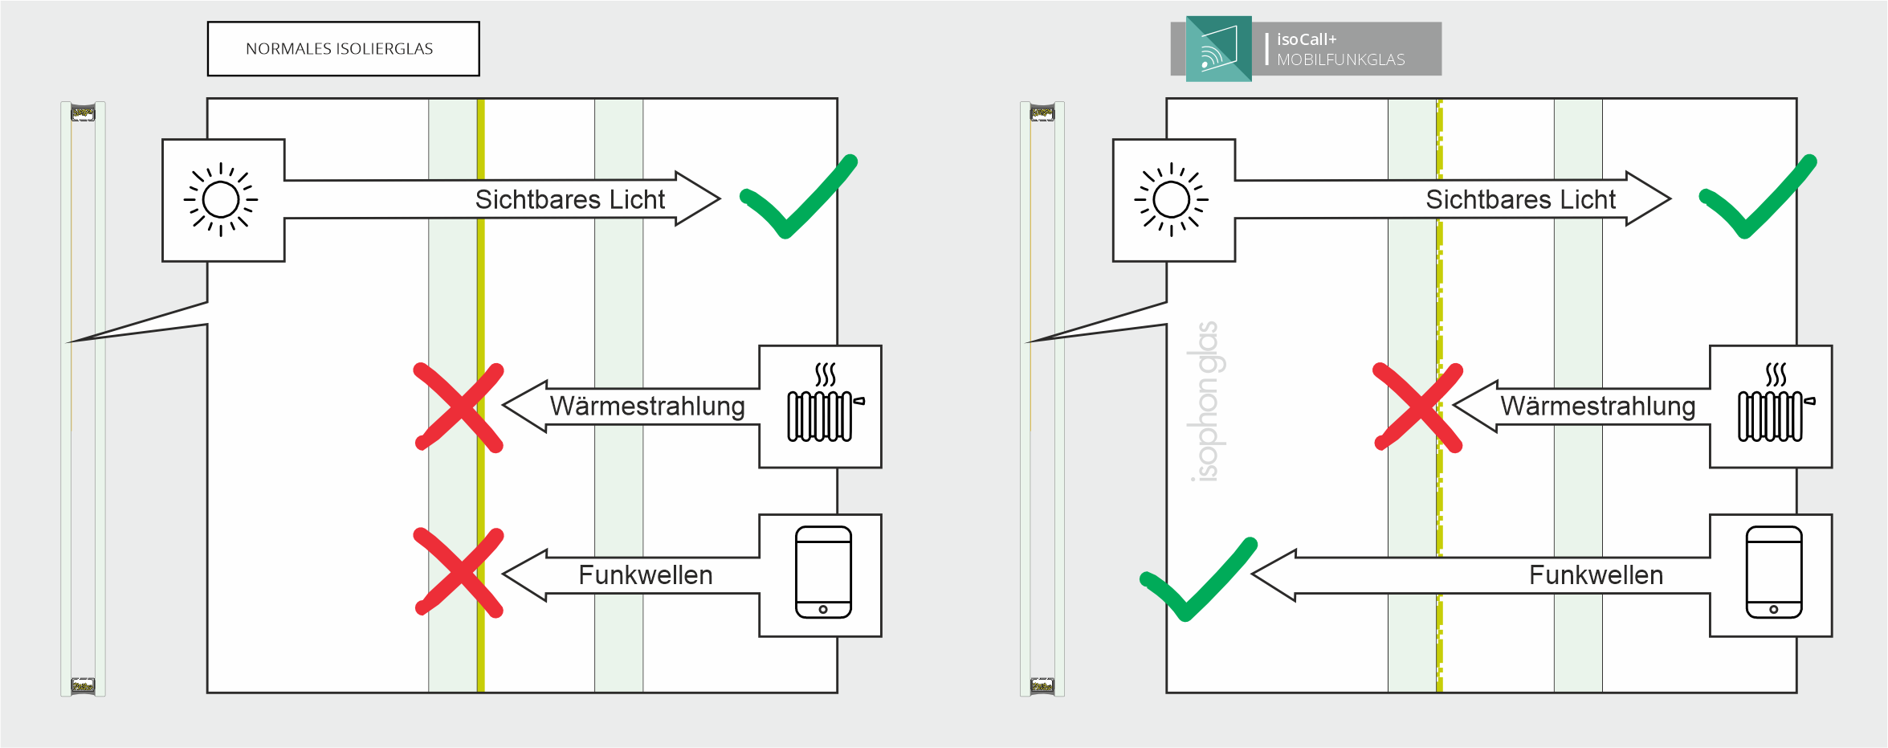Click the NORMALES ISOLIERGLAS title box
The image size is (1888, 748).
(x=343, y=49)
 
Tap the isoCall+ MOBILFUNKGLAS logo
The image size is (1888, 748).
(x=1306, y=49)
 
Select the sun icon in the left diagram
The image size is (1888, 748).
(x=221, y=200)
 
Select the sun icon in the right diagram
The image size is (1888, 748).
(x=1172, y=200)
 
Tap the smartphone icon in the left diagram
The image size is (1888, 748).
(x=823, y=572)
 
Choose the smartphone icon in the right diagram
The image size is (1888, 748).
(x=1774, y=572)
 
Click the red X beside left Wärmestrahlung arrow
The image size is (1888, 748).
(x=459, y=407)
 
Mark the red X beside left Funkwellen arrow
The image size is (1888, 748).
(x=459, y=573)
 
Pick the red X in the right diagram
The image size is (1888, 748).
(x=1418, y=407)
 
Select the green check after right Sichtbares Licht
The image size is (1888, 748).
(x=1758, y=197)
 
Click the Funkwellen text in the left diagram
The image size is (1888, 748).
(x=645, y=575)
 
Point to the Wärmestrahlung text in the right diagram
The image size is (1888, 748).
(x=1597, y=407)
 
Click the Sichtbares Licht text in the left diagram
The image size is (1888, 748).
(x=569, y=199)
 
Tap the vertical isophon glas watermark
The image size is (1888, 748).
(x=1206, y=401)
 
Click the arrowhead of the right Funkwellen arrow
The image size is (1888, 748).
(x=1274, y=575)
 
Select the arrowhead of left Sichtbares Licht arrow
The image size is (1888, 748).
(x=696, y=198)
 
